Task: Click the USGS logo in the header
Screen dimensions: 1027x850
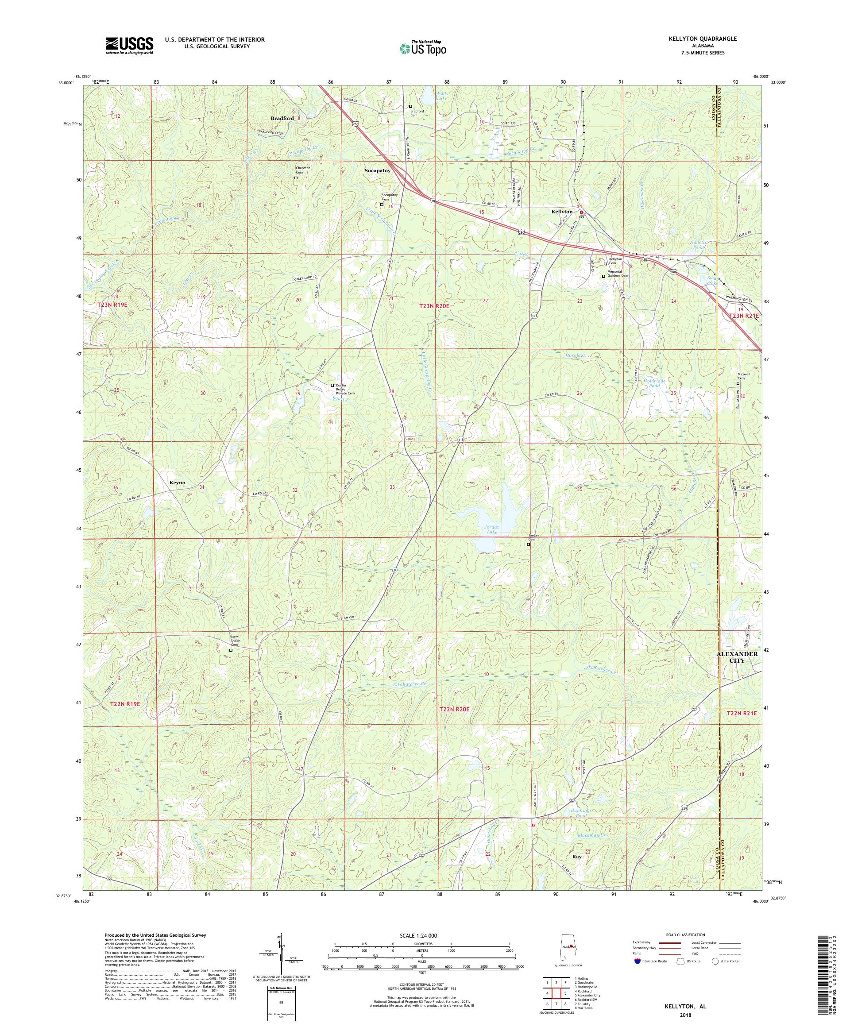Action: click(129, 46)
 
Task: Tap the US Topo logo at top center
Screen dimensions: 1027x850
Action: click(422, 47)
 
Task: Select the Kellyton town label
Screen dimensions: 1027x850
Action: click(561, 211)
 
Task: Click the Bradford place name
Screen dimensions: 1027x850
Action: click(282, 118)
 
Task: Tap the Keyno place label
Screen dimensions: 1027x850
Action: click(177, 482)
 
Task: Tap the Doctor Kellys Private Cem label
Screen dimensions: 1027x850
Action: click(345, 389)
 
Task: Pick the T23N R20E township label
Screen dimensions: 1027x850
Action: click(433, 305)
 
